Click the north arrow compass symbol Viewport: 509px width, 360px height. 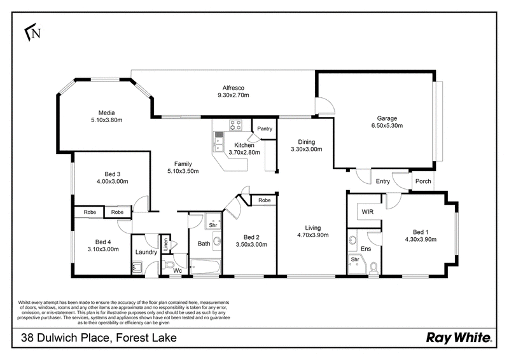[33, 32]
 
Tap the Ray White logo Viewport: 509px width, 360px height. [459, 338]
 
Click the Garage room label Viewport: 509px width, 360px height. [387, 118]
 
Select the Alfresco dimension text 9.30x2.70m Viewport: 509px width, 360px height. [233, 95]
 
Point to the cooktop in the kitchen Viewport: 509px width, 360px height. [235, 125]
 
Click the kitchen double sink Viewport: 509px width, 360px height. [219, 144]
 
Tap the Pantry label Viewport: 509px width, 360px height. [265, 128]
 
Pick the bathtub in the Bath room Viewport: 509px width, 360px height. [205, 267]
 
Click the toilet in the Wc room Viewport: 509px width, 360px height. [169, 264]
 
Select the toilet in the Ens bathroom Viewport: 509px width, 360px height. [374, 268]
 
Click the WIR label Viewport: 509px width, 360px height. [368, 212]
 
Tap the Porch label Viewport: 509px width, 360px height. [423, 181]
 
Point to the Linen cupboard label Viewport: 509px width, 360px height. [165, 244]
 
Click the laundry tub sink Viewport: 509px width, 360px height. [137, 268]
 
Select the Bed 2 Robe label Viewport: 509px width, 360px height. [264, 200]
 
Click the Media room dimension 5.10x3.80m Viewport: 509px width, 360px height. [106, 120]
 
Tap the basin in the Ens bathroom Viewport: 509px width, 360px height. [352, 241]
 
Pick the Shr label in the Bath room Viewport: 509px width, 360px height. [213, 225]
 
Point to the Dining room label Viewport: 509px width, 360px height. [307, 142]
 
